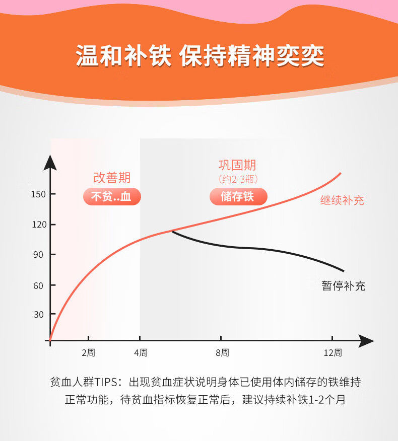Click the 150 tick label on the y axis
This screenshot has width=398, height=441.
38,194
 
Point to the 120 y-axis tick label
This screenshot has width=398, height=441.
39,225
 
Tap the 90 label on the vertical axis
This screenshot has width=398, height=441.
38,255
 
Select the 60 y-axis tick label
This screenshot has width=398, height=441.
38,286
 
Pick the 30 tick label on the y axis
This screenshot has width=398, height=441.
39,314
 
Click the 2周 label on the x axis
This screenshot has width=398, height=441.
88,352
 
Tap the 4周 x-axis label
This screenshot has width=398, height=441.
141,352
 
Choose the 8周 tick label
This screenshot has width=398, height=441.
222,352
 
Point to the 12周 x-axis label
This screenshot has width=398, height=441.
333,352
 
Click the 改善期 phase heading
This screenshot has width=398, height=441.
112,178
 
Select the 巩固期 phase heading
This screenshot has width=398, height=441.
237,165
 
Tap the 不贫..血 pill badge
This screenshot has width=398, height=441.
112,196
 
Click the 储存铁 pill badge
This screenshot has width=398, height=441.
238,196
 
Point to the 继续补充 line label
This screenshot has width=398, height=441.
342,200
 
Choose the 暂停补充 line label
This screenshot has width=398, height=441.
344,286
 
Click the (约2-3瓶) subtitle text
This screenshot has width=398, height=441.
238,179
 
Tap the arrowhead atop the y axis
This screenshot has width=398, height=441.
50,163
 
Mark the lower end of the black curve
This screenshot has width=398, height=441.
344,271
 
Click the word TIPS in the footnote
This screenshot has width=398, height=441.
106,382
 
